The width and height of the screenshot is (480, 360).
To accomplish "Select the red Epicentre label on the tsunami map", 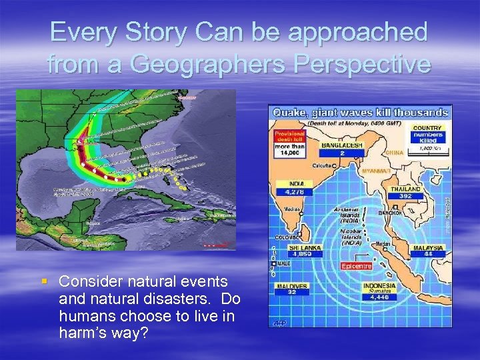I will [356, 265].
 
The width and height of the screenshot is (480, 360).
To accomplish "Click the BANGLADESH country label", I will [342, 144].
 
